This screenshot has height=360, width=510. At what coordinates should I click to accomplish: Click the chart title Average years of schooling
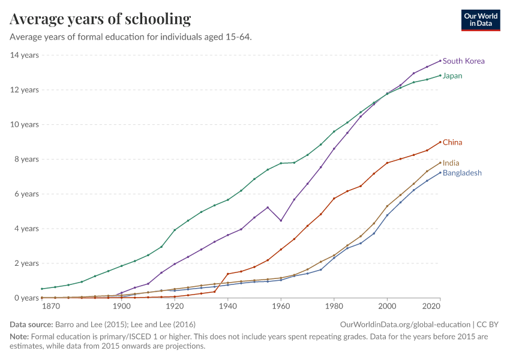[100, 19]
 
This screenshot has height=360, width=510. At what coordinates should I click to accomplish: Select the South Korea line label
[463, 61]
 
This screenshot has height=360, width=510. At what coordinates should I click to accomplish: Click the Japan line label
[452, 76]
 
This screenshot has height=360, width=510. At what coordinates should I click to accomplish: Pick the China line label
[452, 143]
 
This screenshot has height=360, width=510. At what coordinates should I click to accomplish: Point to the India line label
[451, 163]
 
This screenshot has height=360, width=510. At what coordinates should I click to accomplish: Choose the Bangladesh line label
[462, 173]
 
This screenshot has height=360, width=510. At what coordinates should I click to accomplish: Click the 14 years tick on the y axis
[25, 55]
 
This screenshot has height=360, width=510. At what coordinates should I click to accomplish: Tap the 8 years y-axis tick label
[26, 160]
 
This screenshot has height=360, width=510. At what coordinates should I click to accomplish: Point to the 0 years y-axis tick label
[26, 298]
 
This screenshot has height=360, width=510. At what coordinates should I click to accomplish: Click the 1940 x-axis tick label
[227, 307]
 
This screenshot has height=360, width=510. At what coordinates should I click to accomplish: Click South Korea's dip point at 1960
[281, 221]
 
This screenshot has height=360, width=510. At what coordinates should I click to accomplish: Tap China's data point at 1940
[228, 274]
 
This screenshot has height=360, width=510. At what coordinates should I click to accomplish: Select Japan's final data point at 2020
[440, 76]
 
